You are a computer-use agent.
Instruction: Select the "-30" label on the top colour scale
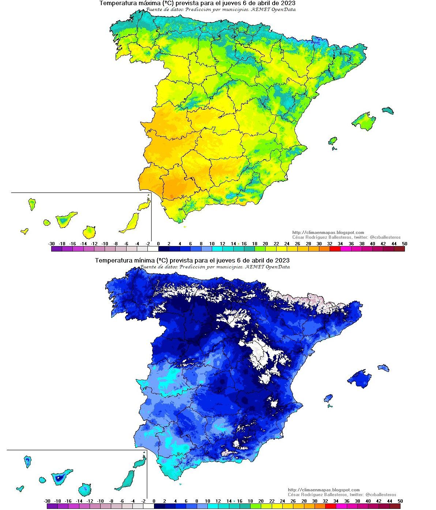click(51, 244)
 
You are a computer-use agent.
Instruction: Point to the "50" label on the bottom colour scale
click(400, 501)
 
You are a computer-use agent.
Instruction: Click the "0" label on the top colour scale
click(158, 244)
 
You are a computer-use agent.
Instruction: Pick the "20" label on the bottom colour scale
click(261, 501)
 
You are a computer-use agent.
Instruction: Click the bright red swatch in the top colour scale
click(335, 249)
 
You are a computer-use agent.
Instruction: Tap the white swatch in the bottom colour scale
click(149, 506)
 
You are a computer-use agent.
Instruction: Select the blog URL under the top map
click(328, 233)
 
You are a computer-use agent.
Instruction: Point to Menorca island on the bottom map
click(383, 368)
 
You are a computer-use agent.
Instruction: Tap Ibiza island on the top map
click(332, 141)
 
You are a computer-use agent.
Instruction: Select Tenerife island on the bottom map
click(60, 477)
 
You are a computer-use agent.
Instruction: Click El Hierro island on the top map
click(25, 231)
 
